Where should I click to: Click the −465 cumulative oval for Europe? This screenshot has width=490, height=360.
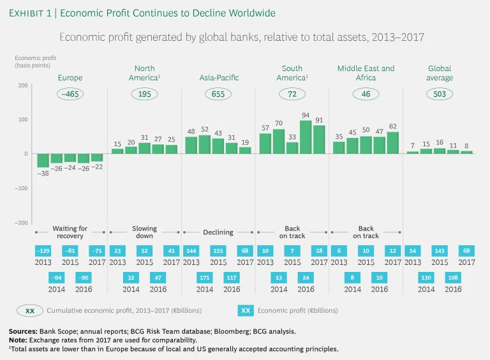pos(70,94)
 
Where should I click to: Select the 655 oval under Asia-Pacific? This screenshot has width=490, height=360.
pos(218,94)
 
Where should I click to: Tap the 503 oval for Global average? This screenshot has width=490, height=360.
pos(440,94)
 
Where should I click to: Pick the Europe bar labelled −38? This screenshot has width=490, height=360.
pos(43,160)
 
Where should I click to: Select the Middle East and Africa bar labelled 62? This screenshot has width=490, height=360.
pos(392,142)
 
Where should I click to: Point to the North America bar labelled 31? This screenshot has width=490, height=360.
pos(144,148)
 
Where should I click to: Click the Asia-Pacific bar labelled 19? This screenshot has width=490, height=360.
pos(245,151)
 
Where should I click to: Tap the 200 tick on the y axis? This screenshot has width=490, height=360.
pos(22,86)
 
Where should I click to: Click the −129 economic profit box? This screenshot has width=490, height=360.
pos(43,251)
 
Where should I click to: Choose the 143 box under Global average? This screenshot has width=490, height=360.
pos(440,251)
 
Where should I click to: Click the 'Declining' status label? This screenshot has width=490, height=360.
pos(218,232)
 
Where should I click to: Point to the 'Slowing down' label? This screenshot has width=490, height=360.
pos(144,232)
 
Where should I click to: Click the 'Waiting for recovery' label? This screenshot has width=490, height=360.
pos(70,232)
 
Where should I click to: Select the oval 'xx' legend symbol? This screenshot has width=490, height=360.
pos(30,310)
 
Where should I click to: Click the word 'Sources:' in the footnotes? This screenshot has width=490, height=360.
pos(24,331)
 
